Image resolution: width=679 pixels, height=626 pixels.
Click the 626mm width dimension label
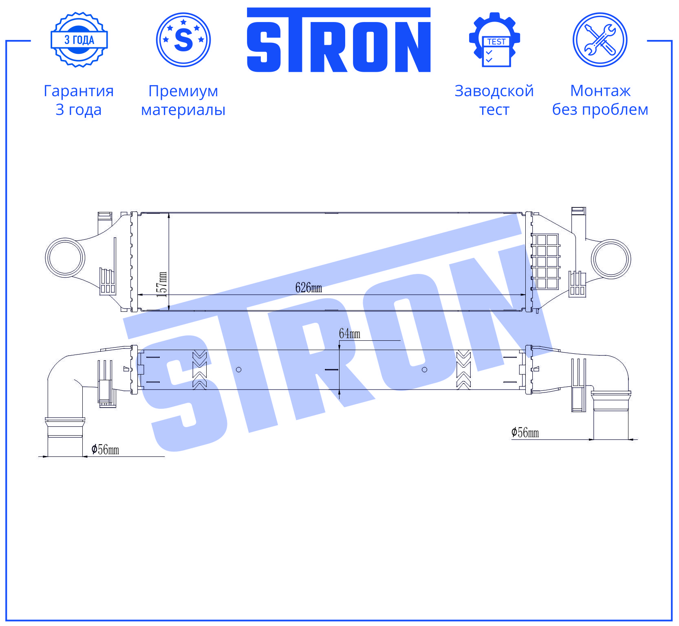[x=309, y=288]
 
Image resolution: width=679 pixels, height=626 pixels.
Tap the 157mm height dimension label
[x=162, y=284]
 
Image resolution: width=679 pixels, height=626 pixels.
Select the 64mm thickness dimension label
[x=350, y=334]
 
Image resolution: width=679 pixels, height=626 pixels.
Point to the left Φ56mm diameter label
[x=105, y=450]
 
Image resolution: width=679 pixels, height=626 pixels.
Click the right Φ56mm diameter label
[x=525, y=432]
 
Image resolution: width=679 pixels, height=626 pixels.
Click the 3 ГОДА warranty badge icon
[x=79, y=40]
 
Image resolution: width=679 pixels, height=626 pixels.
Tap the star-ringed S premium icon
[x=183, y=40]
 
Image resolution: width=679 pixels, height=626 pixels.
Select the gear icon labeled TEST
[x=494, y=40]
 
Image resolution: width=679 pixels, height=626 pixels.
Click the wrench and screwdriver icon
[x=600, y=40]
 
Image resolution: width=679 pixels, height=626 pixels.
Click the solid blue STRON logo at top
[x=339, y=40]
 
